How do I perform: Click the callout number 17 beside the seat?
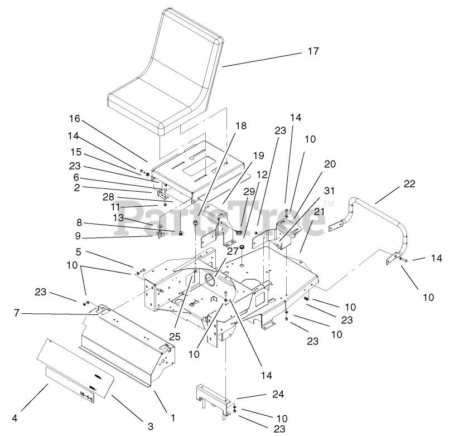click(313, 51)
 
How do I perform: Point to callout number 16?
click(75, 119)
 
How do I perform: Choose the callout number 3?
click(151, 427)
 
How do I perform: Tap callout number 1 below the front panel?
click(173, 416)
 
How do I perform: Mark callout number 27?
click(233, 251)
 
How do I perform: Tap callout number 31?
click(330, 191)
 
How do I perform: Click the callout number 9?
click(78, 236)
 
